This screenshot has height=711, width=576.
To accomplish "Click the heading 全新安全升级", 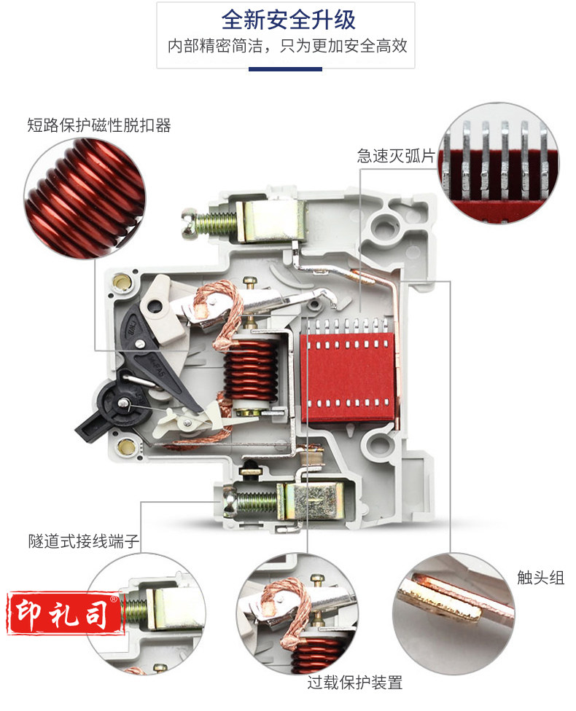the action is (288, 20).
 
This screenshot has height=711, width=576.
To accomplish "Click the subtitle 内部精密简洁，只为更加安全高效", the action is (287, 46).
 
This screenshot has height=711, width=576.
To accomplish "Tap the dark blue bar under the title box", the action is (285, 69).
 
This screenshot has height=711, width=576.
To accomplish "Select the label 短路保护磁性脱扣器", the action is (99, 125).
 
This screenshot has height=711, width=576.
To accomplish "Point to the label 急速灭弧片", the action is (396, 156).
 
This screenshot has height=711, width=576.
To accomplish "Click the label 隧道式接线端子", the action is (84, 541).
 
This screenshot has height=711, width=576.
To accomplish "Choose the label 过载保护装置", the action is (354, 683).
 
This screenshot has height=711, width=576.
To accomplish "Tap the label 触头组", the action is (540, 578).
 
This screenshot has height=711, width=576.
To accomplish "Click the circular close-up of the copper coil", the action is (85, 198).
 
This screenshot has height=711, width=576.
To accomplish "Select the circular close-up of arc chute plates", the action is (499, 162).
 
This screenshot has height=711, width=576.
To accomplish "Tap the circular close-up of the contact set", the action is (454, 613).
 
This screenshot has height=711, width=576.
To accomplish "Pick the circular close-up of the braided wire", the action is (297, 613).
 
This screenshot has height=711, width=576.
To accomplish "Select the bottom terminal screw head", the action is (228, 502).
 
